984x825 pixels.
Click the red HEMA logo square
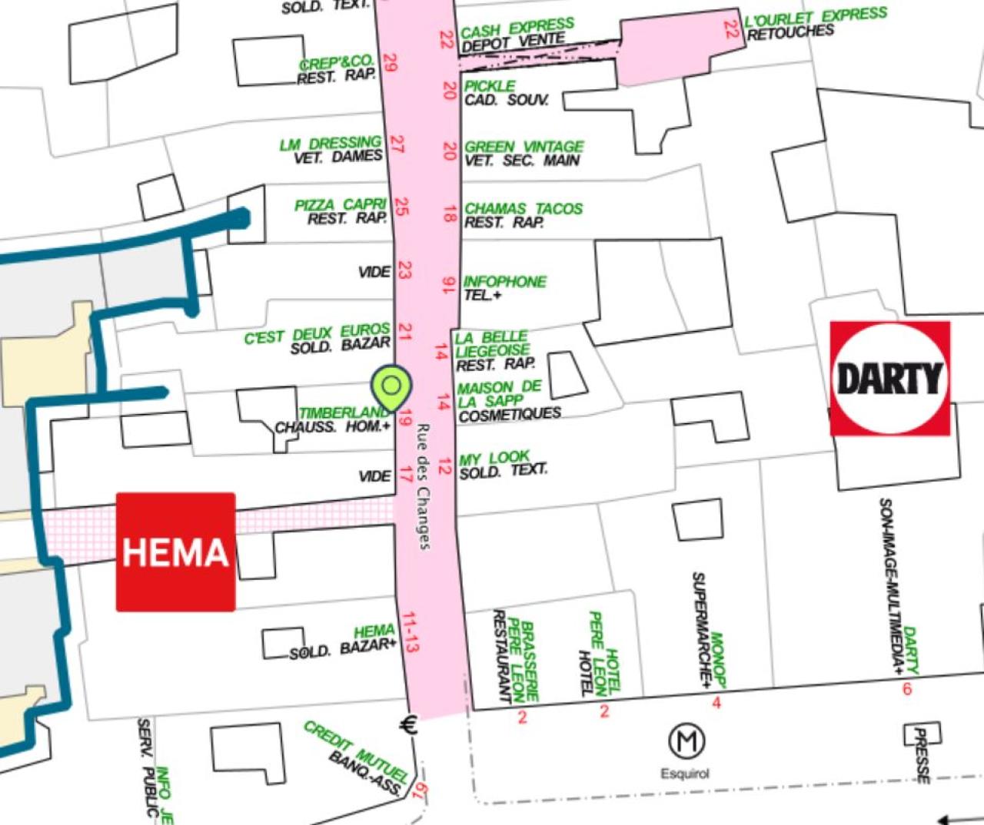point(175,552)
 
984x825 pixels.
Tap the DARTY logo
point(889,379)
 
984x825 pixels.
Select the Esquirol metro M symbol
point(686,741)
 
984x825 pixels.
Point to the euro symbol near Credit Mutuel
point(409,724)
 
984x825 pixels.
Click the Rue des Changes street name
point(423,485)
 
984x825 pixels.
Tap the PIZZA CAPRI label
point(340,205)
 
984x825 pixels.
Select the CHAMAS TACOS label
point(524,209)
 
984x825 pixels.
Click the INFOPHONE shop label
point(504,282)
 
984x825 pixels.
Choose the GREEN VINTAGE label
point(524,147)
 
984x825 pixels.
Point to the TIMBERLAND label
point(344,413)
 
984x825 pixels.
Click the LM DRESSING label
point(330,144)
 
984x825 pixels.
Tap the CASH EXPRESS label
point(517,28)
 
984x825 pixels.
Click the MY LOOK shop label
point(494,459)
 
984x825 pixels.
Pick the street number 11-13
point(410,632)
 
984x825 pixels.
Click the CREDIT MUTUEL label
point(355,748)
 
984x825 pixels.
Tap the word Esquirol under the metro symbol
point(685,774)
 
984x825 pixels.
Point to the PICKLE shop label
point(490,86)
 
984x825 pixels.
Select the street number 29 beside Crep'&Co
point(390,62)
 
